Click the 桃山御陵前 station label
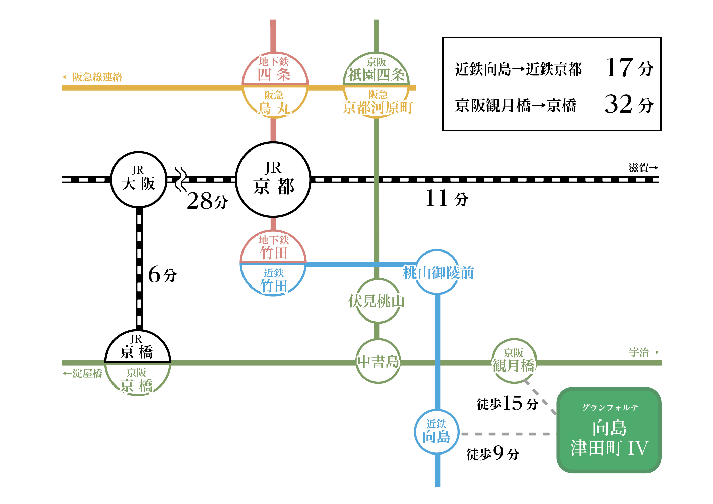tap(438, 272)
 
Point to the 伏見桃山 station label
tap(377, 301)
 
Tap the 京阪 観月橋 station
tap(514, 361)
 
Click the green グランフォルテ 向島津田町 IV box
tap(609, 430)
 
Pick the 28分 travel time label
tap(207, 201)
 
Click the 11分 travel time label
tap(447, 198)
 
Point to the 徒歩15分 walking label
tap(507, 403)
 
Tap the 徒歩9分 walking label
tap(493, 453)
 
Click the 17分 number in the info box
tap(629, 68)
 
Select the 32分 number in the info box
tap(629, 104)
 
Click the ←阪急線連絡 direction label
tap(92, 77)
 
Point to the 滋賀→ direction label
tap(643, 167)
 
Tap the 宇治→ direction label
tap(644, 352)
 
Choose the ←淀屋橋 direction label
tap(82, 373)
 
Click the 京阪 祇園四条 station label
tap(377, 70)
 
